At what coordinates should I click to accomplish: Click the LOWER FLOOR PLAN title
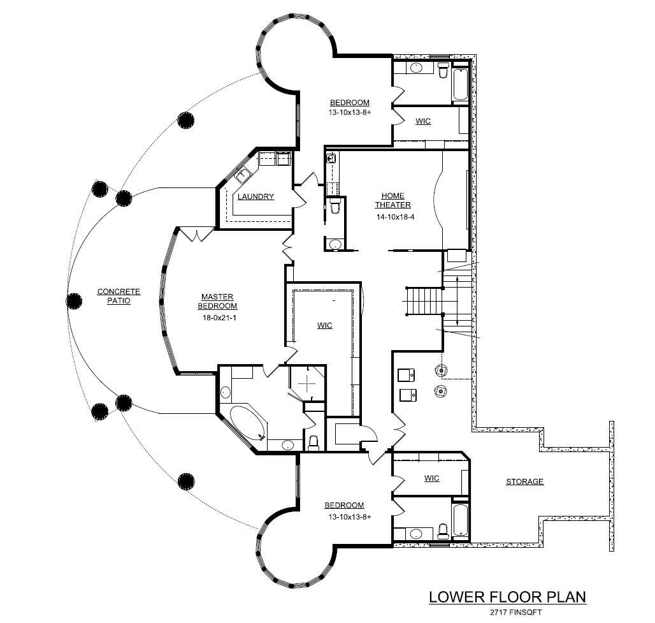click(507, 597)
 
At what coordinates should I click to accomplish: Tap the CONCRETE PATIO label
click(119, 296)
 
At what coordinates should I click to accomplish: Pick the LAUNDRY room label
click(256, 196)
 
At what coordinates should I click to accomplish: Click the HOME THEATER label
click(392, 200)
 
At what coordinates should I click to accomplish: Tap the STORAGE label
click(524, 481)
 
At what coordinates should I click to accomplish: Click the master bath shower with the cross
click(308, 384)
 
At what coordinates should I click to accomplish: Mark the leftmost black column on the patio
click(75, 300)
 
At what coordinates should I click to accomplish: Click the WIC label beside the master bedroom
click(324, 325)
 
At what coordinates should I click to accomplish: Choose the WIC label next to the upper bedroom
click(422, 121)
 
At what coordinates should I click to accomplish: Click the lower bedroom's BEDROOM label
click(343, 505)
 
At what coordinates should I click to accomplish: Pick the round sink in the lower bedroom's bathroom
click(416, 533)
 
